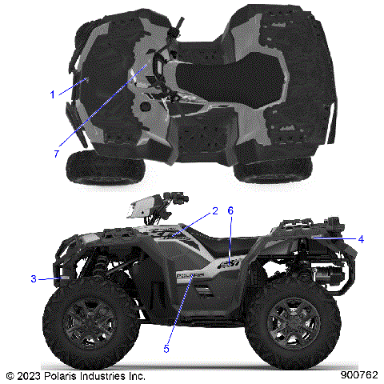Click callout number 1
point(53,94)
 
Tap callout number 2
point(215,211)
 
